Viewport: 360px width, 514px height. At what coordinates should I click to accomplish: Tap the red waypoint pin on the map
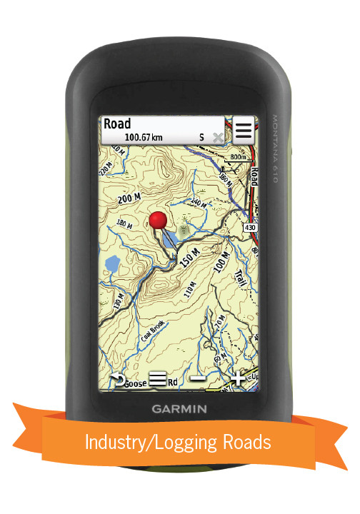[159, 219]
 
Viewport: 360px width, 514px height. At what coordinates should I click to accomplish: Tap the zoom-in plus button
[236, 380]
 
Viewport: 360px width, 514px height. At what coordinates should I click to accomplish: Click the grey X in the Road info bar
[217, 136]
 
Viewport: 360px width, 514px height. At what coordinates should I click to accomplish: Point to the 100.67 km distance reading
[145, 136]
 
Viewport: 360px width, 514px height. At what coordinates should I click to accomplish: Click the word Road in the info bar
[118, 124]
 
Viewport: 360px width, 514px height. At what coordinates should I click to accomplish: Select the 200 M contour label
[131, 198]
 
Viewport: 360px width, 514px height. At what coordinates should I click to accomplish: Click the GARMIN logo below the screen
[179, 410]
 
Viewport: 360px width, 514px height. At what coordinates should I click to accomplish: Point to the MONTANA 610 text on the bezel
[273, 149]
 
